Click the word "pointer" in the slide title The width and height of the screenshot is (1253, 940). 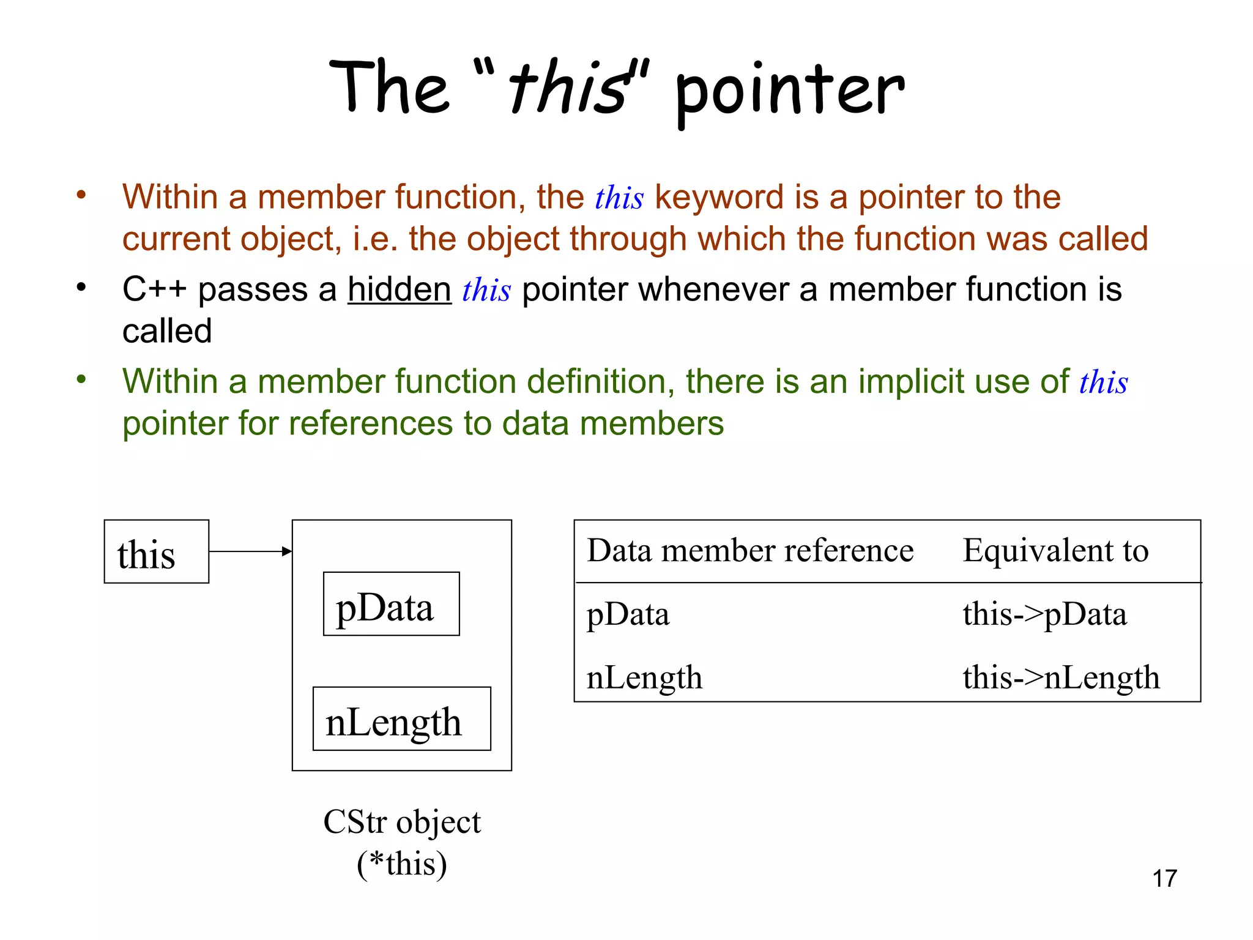click(x=789, y=92)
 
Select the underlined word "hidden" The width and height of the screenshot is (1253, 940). click(x=400, y=289)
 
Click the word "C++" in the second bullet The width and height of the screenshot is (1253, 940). click(x=154, y=289)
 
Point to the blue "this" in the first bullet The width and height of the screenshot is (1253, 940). click(x=619, y=198)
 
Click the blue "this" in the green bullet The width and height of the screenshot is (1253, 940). click(x=1103, y=382)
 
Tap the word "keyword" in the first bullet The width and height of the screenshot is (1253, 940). click(x=719, y=198)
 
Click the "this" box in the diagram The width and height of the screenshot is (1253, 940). click(x=157, y=552)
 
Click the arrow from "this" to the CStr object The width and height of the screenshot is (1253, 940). click(x=250, y=551)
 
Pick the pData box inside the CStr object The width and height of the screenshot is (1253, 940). click(x=391, y=604)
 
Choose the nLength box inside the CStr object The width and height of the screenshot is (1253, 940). click(x=401, y=719)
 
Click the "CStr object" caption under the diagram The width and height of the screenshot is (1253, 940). click(x=402, y=822)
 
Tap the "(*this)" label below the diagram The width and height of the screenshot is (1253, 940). click(x=402, y=864)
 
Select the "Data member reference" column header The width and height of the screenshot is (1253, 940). click(x=750, y=550)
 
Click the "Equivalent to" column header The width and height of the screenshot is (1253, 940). click(x=1055, y=550)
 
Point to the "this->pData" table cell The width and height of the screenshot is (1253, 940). click(x=1044, y=614)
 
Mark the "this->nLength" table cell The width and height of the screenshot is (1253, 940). click(x=1061, y=677)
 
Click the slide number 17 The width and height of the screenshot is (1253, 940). click(x=1164, y=878)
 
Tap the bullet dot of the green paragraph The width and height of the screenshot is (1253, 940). click(x=81, y=380)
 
